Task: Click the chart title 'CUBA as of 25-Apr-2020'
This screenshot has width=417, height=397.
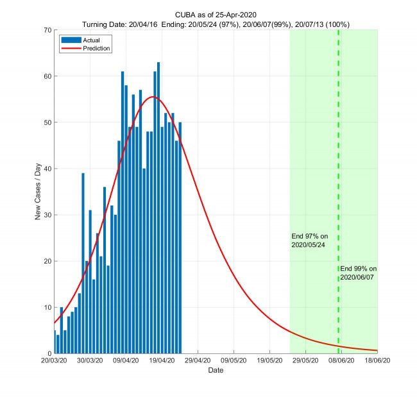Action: pyautogui.click(x=216, y=15)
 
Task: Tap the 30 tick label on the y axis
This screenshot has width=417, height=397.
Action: pyautogui.click(x=47, y=215)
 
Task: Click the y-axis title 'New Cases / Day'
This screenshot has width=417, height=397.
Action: pyautogui.click(x=38, y=192)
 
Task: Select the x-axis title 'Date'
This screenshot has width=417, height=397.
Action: pyautogui.click(x=216, y=371)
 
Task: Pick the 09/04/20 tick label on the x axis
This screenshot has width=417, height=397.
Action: pyautogui.click(x=126, y=361)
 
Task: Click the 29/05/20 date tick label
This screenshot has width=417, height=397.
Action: pyautogui.click(x=305, y=361)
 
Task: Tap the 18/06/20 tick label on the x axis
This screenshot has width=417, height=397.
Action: pyautogui.click(x=377, y=361)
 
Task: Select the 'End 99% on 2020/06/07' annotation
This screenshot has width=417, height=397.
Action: pyautogui.click(x=358, y=273)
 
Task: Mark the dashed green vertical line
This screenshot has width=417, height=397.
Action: pyautogui.click(x=338, y=160)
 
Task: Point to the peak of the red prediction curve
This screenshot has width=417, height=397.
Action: pyautogui.click(x=152, y=97)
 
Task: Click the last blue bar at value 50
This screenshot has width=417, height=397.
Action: pyautogui.click(x=180, y=237)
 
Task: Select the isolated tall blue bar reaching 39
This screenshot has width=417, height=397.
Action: pyautogui.click(x=83, y=263)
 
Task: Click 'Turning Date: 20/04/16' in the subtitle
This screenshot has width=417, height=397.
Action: pyautogui.click(x=119, y=24)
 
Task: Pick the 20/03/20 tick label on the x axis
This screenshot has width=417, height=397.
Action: pyautogui.click(x=55, y=361)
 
